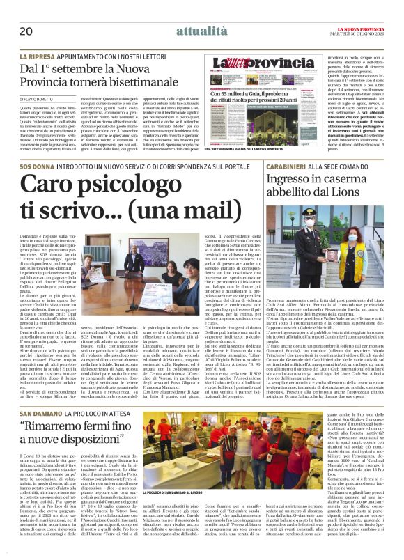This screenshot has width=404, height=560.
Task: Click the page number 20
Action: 26,31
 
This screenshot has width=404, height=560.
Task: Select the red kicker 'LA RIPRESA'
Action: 41,55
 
